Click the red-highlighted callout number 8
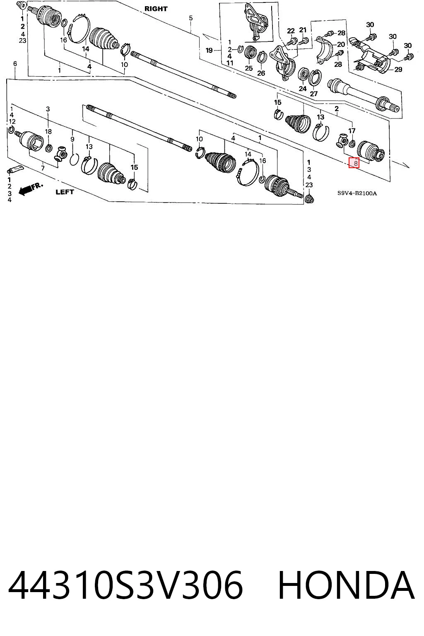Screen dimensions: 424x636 (354, 162)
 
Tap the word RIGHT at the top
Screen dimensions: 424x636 (156, 9)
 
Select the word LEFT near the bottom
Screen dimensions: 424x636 (65, 192)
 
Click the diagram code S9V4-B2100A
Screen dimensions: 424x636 (357, 193)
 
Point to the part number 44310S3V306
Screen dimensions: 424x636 (125, 585)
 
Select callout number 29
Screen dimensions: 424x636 (398, 69)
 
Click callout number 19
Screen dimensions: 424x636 (209, 50)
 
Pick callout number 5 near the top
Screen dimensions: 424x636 (190, 18)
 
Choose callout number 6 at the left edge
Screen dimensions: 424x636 (15, 64)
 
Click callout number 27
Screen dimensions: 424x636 (313, 94)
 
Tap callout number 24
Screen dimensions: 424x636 (302, 89)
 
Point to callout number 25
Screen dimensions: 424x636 (249, 68)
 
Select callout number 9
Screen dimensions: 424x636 (72, 139)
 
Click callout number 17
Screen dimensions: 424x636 (352, 131)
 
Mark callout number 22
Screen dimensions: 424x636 (291, 31)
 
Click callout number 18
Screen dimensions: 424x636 (48, 131)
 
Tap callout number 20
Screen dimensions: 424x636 (341, 44)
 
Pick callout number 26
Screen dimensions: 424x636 (261, 73)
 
